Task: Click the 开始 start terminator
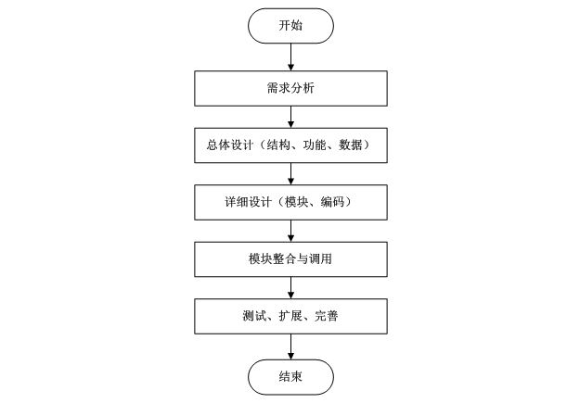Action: pos(290,26)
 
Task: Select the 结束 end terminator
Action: pos(290,376)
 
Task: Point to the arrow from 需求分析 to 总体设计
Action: pos(290,117)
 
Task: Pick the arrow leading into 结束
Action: pos(290,346)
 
